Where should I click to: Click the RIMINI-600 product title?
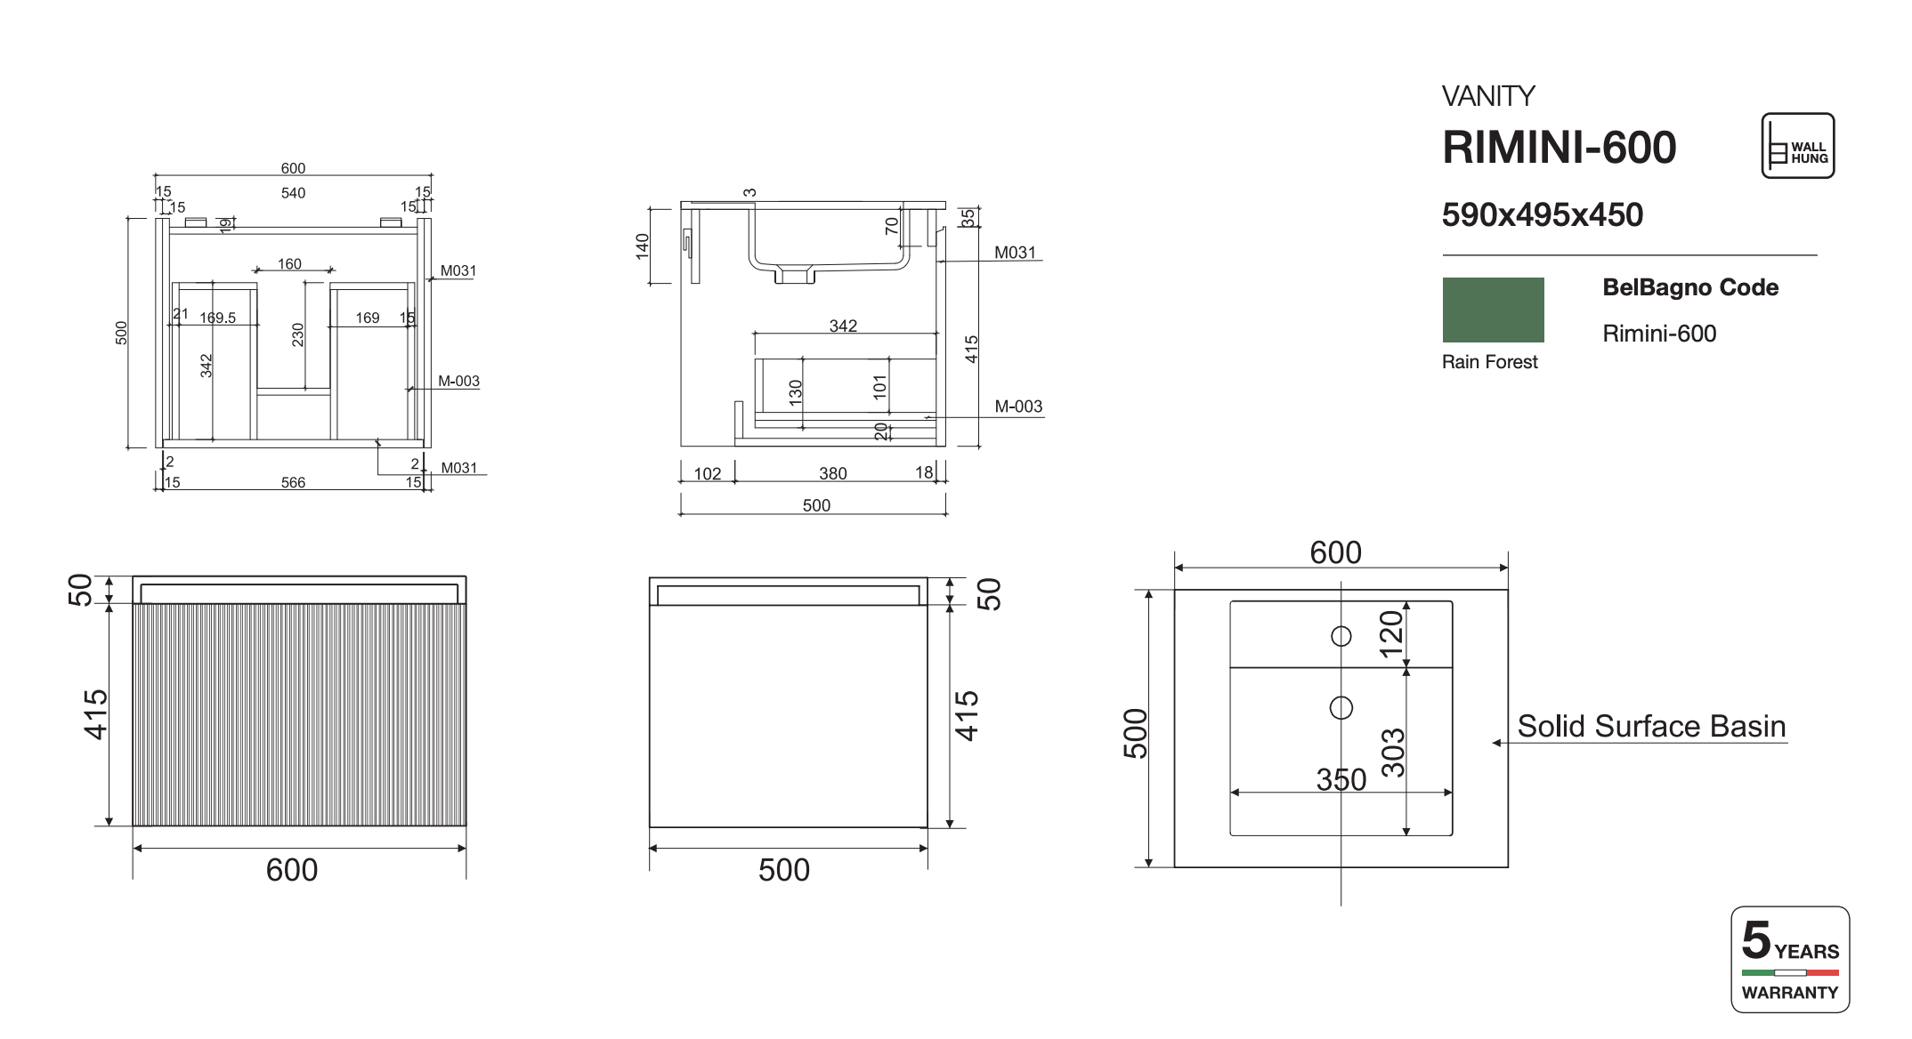[1559, 148]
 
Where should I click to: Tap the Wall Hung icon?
[1797, 146]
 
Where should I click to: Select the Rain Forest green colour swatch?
[1493, 310]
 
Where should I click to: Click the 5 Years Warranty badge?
[1790, 960]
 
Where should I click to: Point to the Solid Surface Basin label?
[1651, 727]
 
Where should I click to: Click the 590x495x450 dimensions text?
[1542, 215]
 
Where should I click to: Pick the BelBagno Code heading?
[1690, 287]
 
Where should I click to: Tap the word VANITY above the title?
[1488, 96]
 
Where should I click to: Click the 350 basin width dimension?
[1341, 779]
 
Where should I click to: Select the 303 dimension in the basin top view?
[1393, 753]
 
